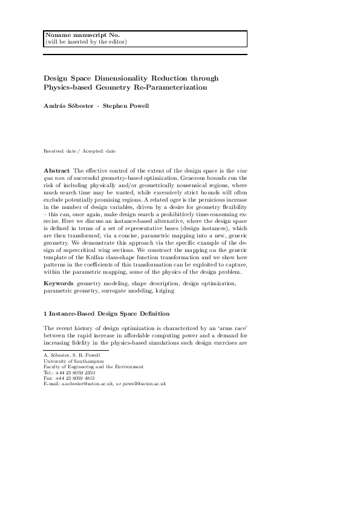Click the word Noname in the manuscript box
pyautogui.click(x=56, y=35)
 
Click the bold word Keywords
pyautogui.click(x=59, y=284)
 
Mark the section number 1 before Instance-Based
pyautogui.click(x=45, y=314)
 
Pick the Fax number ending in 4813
pyautogui.click(x=80, y=378)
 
